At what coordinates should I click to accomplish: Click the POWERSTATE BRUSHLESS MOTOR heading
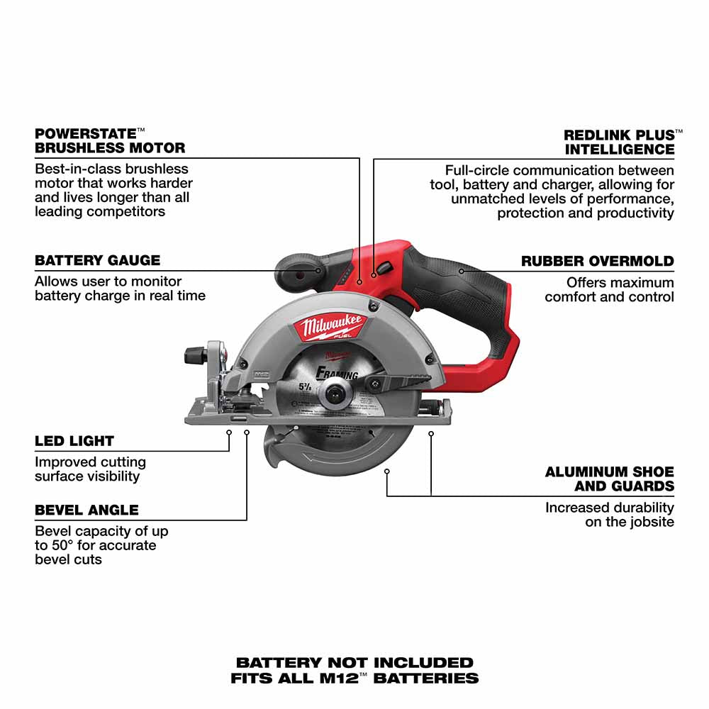point(110,140)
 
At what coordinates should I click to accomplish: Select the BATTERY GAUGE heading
point(98,260)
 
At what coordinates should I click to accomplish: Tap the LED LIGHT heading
point(74,441)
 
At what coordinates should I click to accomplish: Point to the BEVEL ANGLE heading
point(86,510)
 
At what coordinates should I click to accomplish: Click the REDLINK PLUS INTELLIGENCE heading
point(619,142)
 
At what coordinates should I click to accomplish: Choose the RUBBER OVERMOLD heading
point(597,261)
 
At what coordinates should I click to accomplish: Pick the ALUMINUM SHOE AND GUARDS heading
point(609,479)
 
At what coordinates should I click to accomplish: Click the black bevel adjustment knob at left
point(194,354)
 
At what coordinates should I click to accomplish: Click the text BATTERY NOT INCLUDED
point(354,663)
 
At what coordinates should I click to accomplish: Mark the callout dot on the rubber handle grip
point(461,270)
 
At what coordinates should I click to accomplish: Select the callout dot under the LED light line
point(229,429)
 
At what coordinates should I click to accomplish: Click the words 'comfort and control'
point(609,296)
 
